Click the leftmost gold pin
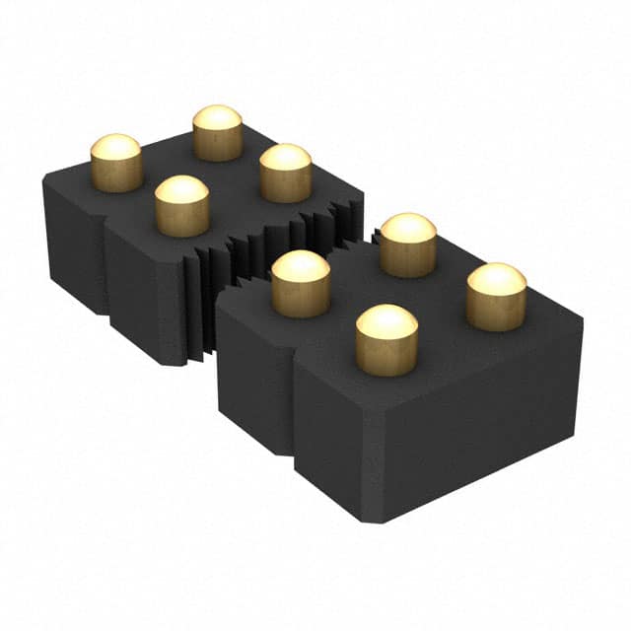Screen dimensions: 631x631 [116, 164]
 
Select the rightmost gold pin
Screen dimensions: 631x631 [496, 296]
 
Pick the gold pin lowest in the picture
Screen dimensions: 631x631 [386, 340]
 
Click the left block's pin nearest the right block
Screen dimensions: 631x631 [286, 173]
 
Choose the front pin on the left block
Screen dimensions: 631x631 [182, 206]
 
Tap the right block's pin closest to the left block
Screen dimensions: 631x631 [301, 284]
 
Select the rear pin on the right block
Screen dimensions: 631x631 [408, 245]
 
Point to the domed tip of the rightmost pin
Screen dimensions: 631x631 [496, 278]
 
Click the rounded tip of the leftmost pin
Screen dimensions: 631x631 [116, 148]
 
